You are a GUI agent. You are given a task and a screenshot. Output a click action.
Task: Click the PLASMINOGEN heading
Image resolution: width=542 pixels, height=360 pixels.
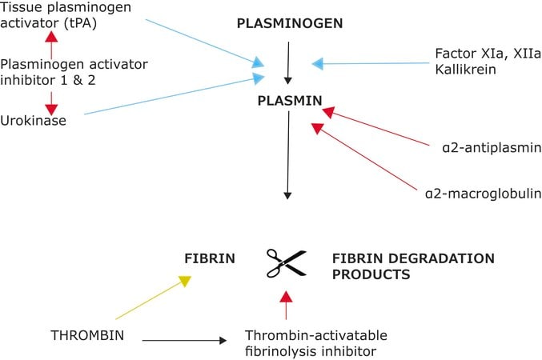pyautogui.click(x=290, y=23)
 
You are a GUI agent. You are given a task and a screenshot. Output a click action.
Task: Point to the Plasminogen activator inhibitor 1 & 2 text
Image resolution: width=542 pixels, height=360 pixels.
pyautogui.click(x=63, y=72)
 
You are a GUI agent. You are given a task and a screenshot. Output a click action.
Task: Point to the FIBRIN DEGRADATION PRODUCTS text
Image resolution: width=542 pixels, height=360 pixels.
pyautogui.click(x=413, y=266)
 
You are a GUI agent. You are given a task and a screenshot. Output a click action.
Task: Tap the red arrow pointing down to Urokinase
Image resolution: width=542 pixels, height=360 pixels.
pyautogui.click(x=51, y=99)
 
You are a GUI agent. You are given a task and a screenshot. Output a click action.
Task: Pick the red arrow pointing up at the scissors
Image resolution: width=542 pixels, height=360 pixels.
pyautogui.click(x=285, y=306)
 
